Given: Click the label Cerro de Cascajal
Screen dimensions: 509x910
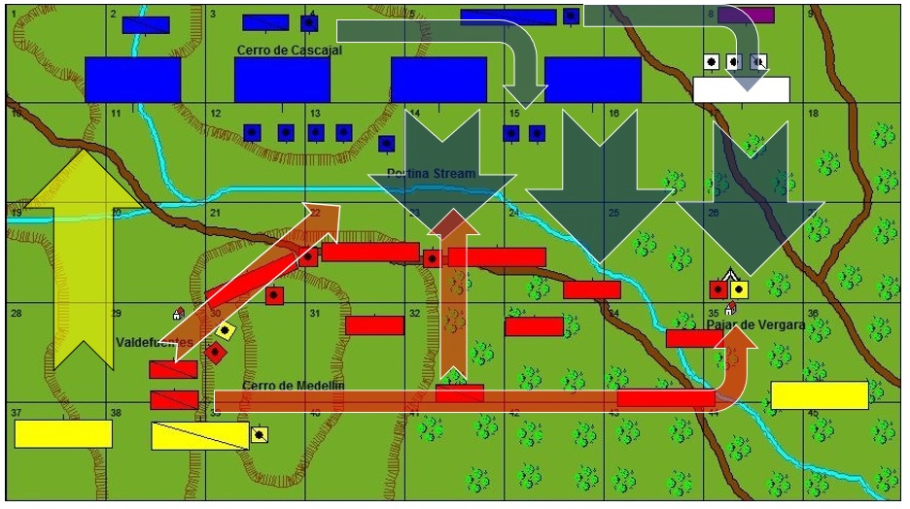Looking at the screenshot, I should pyautogui.click(x=289, y=50).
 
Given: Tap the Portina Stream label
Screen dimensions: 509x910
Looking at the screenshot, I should pyautogui.click(x=432, y=174).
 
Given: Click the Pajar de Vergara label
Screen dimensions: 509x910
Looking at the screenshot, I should pyautogui.click(x=755, y=324).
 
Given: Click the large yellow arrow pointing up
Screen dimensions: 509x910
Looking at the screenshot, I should pyautogui.click(x=83, y=254).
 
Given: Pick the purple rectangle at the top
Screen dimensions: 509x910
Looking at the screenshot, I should pyautogui.click(x=746, y=15).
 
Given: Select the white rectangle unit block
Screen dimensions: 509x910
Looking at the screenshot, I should pyautogui.click(x=741, y=89).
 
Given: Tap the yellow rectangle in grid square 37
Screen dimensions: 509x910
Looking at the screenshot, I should pyautogui.click(x=63, y=433).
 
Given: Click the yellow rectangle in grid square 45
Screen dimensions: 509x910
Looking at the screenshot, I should pyautogui.click(x=819, y=395).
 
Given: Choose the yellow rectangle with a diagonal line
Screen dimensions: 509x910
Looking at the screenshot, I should pyautogui.click(x=199, y=435).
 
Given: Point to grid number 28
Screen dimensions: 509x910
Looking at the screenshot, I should pyautogui.click(x=16, y=313).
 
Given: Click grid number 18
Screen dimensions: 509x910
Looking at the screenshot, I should pyautogui.click(x=813, y=114).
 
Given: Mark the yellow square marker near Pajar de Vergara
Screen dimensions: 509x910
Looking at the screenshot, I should pyautogui.click(x=739, y=289).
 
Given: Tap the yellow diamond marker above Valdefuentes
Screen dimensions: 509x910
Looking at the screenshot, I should pyautogui.click(x=226, y=330).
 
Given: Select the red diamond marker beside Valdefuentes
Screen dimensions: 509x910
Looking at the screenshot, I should pyautogui.click(x=215, y=352).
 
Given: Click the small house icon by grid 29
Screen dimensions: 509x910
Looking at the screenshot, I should pyautogui.click(x=178, y=313).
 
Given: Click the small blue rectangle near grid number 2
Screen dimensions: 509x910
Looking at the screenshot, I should pyautogui.click(x=146, y=24).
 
